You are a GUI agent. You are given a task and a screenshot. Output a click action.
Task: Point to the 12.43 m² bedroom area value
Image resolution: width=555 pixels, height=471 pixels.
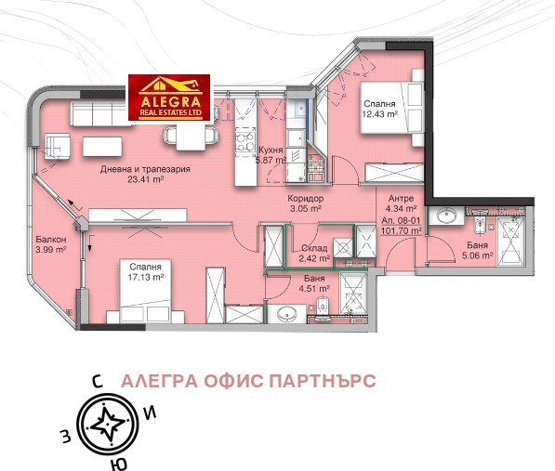click(379, 114)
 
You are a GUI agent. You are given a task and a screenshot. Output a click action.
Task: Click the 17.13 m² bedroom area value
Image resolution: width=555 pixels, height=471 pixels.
click(145, 276)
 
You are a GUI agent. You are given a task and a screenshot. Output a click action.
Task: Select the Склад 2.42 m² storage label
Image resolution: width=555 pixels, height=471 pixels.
click(314, 253)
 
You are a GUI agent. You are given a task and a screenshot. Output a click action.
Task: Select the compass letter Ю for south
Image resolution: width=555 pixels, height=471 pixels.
click(113, 462)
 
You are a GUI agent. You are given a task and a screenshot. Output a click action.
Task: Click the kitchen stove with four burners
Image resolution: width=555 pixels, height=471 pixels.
click(245, 142)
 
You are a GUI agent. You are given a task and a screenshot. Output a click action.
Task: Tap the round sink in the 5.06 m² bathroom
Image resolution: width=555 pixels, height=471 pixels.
click(446, 219)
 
